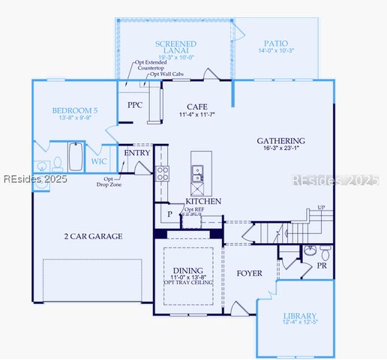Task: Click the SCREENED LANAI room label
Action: tap(175, 44)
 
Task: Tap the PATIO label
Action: tap(275, 44)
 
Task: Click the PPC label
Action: tap(135, 105)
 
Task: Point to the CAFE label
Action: tap(196, 106)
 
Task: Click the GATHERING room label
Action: tap(280, 140)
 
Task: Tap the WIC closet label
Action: tap(98, 161)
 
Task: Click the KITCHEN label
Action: tap(203, 201)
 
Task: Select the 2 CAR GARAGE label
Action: tap(93, 236)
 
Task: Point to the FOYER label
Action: tap(249, 273)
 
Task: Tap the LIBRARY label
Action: tap(300, 316)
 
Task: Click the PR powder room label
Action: tap(321, 265)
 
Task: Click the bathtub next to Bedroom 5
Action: tap(76, 157)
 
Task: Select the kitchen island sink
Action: tap(199, 174)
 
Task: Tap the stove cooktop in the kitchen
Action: tap(162, 174)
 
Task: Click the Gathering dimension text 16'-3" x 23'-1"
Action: tap(280, 149)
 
